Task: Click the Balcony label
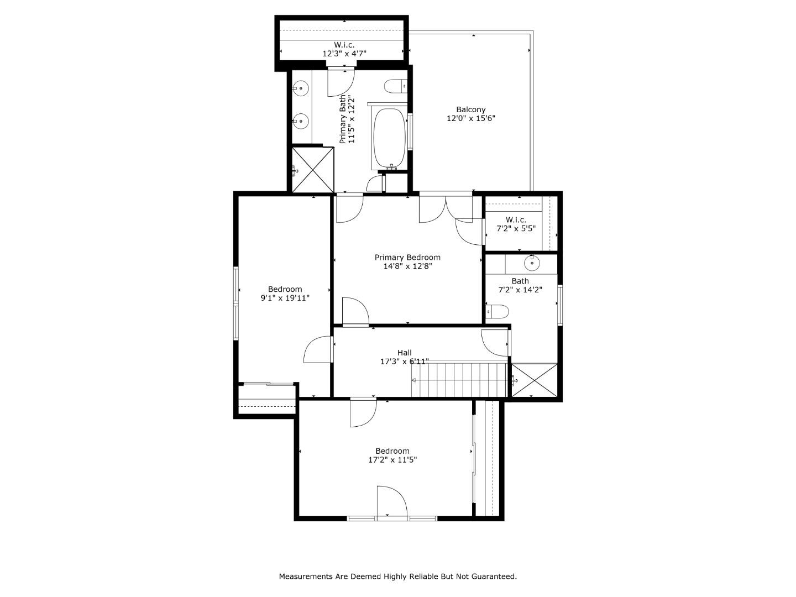coord(471,109)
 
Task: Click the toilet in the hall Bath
coord(497,312)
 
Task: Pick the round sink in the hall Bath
coord(532,264)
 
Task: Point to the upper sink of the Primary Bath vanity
coord(301,87)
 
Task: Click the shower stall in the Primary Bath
coord(313,169)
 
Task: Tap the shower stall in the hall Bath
coord(534,380)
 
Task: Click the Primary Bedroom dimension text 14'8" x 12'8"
coord(407,266)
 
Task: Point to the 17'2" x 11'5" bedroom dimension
coord(392,459)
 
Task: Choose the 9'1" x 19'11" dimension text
coord(285,298)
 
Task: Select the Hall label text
coord(404,353)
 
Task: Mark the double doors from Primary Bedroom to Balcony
coord(446,207)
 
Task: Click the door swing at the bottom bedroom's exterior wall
coord(392,502)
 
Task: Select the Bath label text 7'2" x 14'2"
coord(520,289)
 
